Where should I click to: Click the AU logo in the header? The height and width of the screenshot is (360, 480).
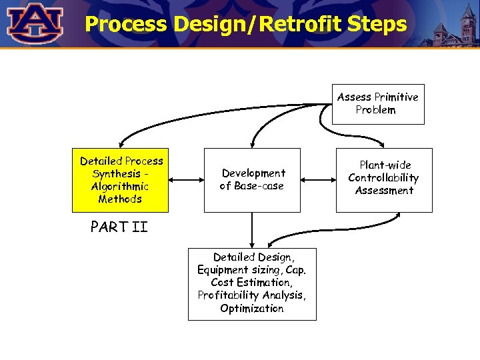[35, 23]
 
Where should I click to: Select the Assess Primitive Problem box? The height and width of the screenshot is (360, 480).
[378, 103]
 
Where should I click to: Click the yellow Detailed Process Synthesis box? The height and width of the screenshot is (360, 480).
[121, 180]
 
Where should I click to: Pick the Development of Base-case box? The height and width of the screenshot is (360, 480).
[252, 180]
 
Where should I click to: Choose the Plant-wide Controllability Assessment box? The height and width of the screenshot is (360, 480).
[384, 180]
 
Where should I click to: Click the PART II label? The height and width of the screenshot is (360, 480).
[119, 227]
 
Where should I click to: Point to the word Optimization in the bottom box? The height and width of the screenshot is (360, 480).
[252, 309]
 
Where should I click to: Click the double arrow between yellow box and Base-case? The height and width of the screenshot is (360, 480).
[186, 179]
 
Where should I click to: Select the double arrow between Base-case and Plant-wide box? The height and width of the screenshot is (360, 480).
[318, 179]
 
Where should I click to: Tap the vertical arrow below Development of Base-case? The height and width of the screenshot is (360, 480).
[252, 230]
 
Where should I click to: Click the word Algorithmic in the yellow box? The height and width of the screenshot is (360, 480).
[120, 187]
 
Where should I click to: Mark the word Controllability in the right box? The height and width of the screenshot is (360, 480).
[384, 178]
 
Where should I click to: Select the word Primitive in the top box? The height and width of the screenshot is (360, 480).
[396, 97]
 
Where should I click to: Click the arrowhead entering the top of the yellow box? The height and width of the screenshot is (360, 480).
[120, 144]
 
